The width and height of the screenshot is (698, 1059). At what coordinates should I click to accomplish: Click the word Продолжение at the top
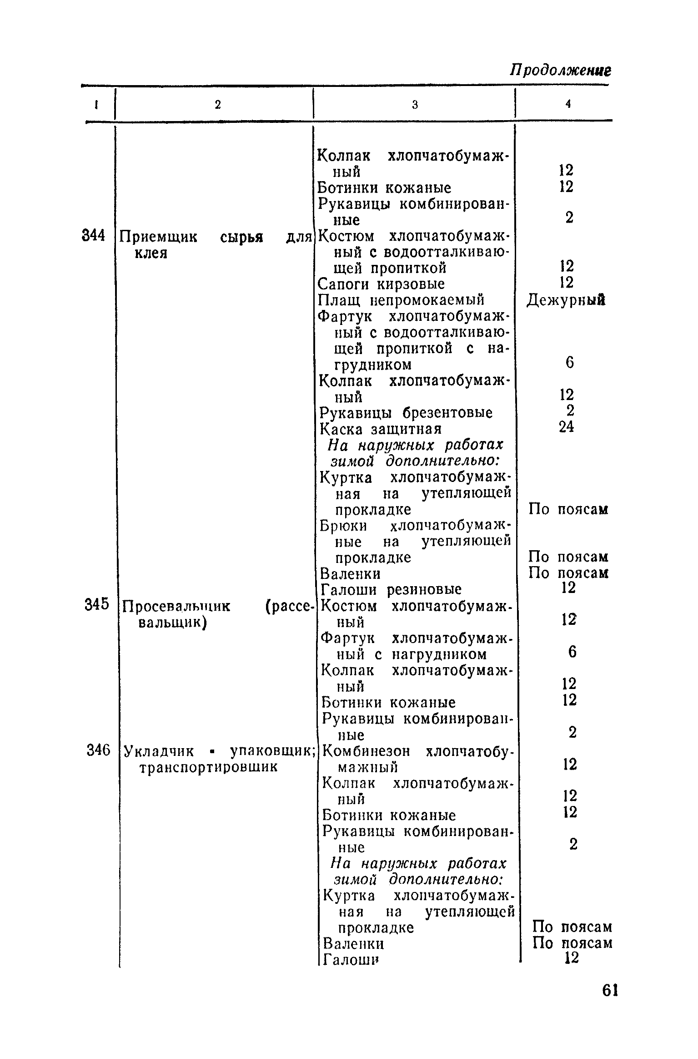click(x=560, y=70)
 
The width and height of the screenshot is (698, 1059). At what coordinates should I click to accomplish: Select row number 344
click(x=94, y=236)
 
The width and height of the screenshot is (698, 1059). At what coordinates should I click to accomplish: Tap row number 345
click(x=96, y=604)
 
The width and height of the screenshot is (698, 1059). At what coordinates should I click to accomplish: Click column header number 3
click(x=415, y=105)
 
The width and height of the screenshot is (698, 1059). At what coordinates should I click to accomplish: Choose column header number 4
click(x=568, y=104)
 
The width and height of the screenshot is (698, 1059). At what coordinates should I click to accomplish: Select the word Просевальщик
click(x=176, y=606)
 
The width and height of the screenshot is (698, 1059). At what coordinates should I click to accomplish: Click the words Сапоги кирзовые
click(x=381, y=284)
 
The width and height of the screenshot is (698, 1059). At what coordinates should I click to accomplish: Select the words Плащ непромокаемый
click(x=401, y=300)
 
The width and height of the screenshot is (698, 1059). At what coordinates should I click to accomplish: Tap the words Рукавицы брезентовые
click(x=406, y=413)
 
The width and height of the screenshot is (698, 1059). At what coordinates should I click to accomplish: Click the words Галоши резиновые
click(x=391, y=589)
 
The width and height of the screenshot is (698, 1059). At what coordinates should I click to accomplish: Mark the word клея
click(x=151, y=253)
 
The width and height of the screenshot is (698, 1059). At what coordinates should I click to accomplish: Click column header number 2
click(x=218, y=105)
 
